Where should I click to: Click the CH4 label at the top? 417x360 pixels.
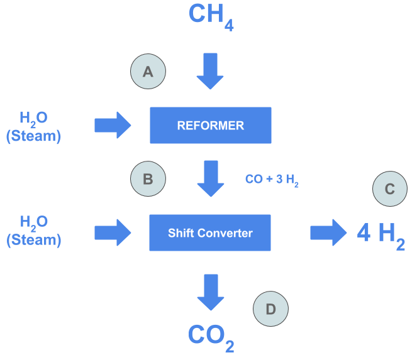[x=211, y=16]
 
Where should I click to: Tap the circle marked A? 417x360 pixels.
[x=148, y=72]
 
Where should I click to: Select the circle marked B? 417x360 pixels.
[x=148, y=179]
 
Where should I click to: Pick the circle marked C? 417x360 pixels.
[x=390, y=188]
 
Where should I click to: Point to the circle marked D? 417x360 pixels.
[x=270, y=309]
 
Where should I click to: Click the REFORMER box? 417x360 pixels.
[x=210, y=125]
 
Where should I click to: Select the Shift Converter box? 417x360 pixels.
[x=210, y=233]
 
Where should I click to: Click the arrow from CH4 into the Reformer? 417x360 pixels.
[x=210, y=71]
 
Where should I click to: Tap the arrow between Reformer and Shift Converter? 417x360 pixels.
[x=210, y=178]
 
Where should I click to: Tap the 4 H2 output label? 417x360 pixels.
[x=380, y=234]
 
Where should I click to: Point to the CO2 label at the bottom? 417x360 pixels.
[x=211, y=337]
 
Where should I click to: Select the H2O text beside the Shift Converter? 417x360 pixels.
[x=33, y=223]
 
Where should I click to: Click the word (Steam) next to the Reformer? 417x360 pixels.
[x=33, y=135]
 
